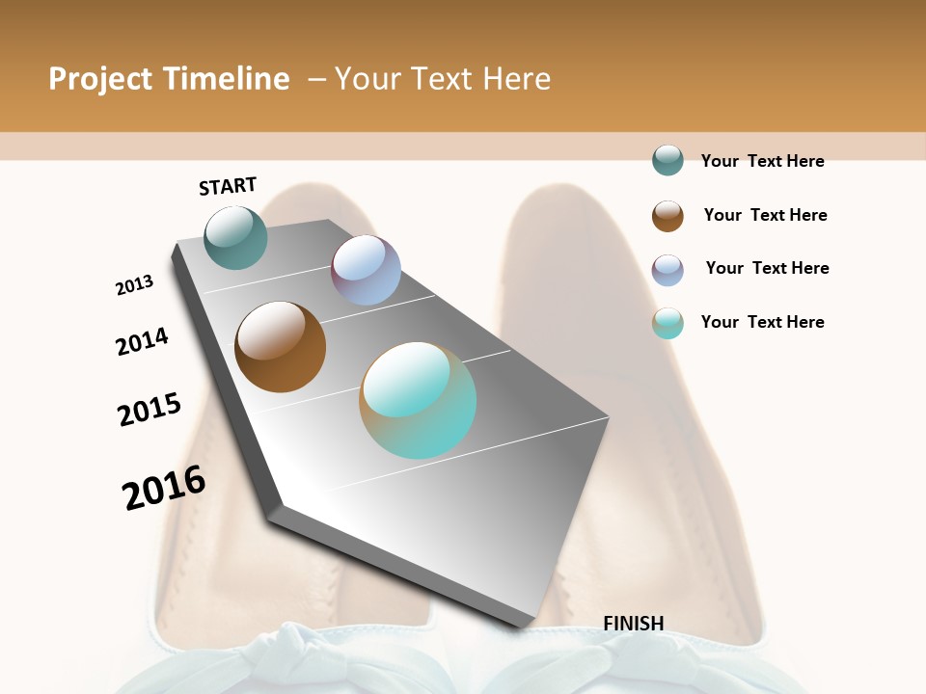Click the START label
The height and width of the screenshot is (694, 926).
tap(228, 186)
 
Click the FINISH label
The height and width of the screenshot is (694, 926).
tap(634, 624)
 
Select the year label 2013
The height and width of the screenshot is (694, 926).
tap(134, 285)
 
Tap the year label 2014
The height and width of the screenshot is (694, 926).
tap(143, 342)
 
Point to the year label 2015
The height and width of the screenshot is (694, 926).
tap(150, 409)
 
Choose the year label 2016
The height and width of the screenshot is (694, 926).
tap(164, 488)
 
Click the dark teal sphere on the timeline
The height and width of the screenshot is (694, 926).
tap(235, 237)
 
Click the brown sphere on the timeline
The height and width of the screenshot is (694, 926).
tap(280, 347)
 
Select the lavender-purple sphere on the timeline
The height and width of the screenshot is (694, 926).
tap(366, 270)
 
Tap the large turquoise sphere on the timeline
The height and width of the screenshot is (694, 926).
tap(418, 400)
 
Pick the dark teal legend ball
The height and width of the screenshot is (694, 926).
tap(667, 160)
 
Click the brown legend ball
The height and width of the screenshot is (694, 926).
tap(667, 215)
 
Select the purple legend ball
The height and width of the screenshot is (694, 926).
tap(667, 269)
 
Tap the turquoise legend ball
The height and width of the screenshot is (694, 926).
tap(667, 323)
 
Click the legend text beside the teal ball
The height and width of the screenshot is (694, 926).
tap(762, 161)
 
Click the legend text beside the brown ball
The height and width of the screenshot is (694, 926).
tap(765, 215)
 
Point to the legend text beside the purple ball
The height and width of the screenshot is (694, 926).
tap(767, 268)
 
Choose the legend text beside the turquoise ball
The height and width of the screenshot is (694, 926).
tap(762, 322)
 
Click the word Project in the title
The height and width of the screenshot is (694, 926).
tap(101, 79)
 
